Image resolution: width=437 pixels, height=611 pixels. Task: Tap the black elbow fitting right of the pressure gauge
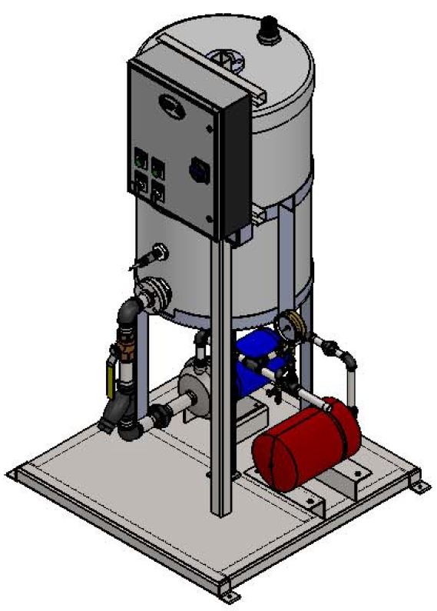click(348, 360)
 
